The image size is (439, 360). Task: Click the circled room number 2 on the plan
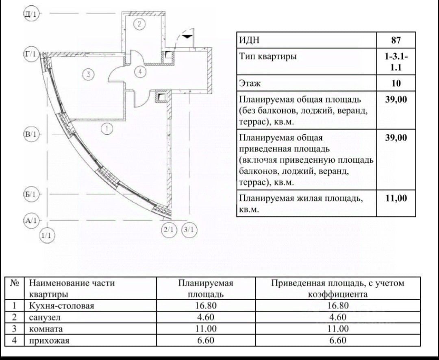[x=139, y=24]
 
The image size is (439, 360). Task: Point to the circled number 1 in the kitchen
[x=106, y=129]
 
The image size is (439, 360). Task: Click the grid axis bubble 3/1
[x=189, y=230]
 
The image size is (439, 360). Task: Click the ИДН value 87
[x=396, y=40]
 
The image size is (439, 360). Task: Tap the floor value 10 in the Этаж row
[x=396, y=83]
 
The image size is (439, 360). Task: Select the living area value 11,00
[x=396, y=198]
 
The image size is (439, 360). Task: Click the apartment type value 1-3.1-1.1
[x=396, y=62]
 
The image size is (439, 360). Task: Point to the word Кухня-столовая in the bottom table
[x=62, y=305]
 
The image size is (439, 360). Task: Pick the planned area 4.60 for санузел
[x=205, y=317]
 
